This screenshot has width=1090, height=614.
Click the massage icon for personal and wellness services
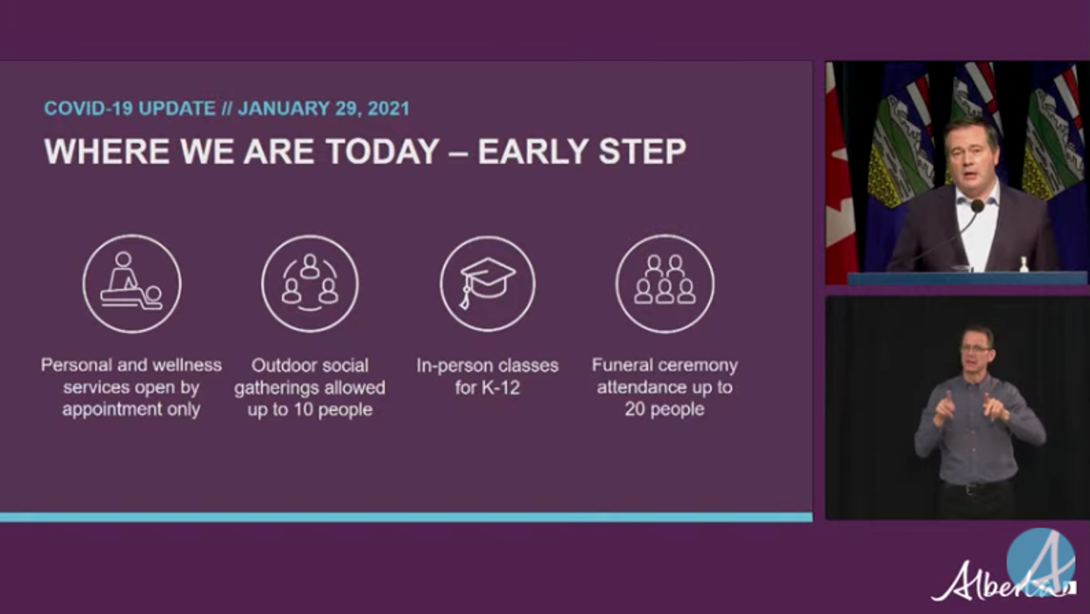click(131, 284)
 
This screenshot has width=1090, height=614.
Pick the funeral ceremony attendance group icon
click(665, 284)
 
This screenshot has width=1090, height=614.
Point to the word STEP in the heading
click(643, 152)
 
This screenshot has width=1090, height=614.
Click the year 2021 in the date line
click(389, 109)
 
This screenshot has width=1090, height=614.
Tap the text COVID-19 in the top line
click(88, 109)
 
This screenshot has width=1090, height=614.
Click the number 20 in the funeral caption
click(635, 410)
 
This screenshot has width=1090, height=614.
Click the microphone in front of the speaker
click(976, 207)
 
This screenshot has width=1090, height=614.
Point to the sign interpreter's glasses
click(975, 349)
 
